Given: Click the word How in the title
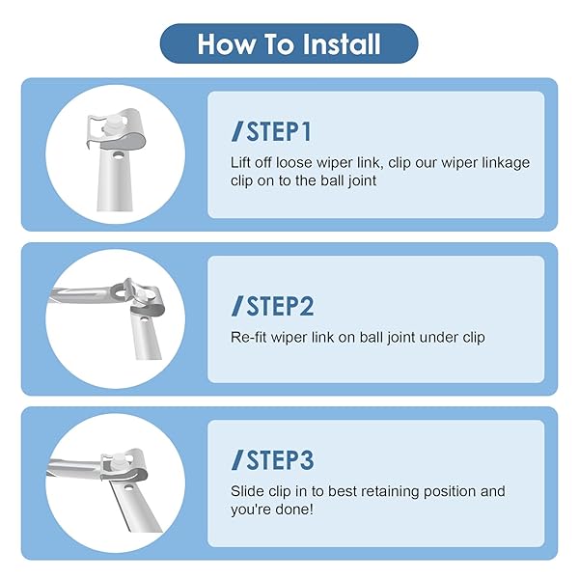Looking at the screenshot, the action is (x=227, y=44).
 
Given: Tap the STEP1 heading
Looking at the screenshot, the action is (x=279, y=131).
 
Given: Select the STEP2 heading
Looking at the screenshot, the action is (x=280, y=306).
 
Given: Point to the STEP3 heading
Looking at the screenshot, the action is (x=280, y=459).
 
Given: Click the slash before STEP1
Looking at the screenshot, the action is (x=237, y=131).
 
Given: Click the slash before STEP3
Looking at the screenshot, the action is (x=237, y=459).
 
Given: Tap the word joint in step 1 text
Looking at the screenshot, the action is (x=363, y=181).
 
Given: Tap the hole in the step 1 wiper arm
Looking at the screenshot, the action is (x=118, y=155).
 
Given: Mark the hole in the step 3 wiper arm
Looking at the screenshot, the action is (x=129, y=487).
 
